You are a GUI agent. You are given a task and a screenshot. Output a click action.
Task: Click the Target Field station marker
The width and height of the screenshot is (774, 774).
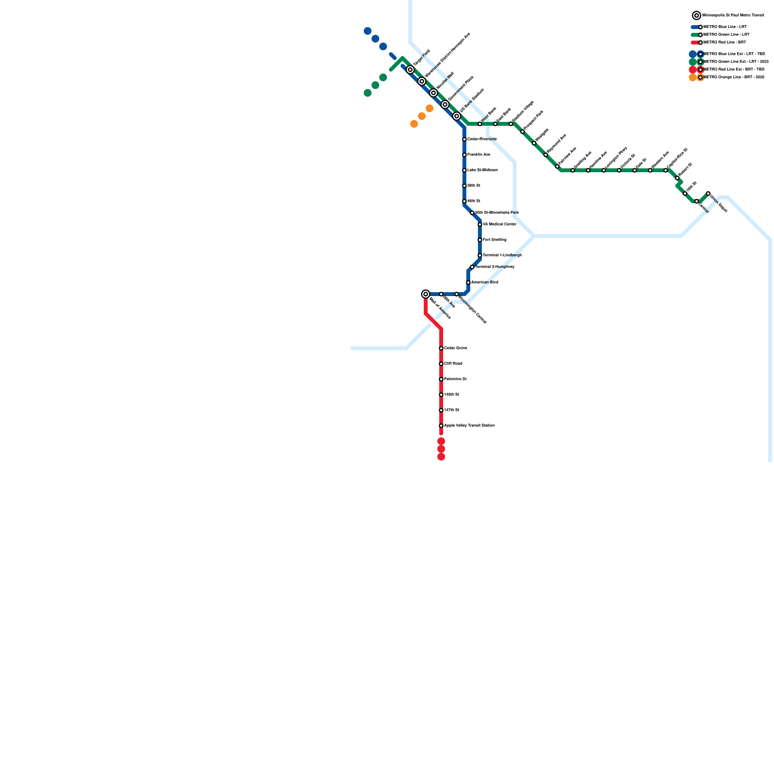click(410, 70)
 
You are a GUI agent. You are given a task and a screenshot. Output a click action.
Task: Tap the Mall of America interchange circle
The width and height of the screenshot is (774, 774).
click(426, 294)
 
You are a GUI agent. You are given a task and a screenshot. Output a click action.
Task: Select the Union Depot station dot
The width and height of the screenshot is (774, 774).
click(708, 193)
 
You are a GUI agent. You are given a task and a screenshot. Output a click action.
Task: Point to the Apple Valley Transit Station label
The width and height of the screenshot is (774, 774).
click(469, 426)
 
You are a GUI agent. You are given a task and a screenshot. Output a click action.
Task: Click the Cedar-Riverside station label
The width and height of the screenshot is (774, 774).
click(482, 139)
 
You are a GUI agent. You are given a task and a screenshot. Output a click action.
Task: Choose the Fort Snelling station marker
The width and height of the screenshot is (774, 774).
click(480, 240)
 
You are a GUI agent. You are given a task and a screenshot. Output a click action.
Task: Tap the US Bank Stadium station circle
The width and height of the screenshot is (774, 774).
click(457, 116)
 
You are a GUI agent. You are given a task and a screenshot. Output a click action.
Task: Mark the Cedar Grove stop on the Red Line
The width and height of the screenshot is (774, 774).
click(441, 348)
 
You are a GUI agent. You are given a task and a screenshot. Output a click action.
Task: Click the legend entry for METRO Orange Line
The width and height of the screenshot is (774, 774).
click(733, 77)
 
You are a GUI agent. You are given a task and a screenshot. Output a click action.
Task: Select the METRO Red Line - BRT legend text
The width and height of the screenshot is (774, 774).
click(725, 43)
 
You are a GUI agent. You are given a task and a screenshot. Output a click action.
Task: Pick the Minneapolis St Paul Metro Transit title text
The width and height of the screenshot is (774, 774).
click(733, 15)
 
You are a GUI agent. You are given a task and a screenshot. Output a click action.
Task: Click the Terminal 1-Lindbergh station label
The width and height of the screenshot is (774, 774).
click(502, 255)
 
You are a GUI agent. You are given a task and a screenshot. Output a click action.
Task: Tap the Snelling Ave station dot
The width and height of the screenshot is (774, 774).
click(573, 170)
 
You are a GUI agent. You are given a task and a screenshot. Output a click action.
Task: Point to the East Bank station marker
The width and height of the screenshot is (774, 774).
click(495, 124)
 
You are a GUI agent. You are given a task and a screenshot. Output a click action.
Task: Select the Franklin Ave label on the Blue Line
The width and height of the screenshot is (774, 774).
click(478, 155)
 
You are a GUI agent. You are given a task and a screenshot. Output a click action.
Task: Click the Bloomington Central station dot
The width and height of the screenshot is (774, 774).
click(457, 294)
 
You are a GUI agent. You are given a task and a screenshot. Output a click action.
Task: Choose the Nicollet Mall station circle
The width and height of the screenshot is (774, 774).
click(433, 93)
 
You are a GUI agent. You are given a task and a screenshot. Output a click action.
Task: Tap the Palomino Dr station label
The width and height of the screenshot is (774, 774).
click(455, 379)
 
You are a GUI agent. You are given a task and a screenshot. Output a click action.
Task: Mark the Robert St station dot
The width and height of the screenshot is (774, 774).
click(677, 178)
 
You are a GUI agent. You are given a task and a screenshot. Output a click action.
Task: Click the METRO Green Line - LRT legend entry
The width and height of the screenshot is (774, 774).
click(726, 35)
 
